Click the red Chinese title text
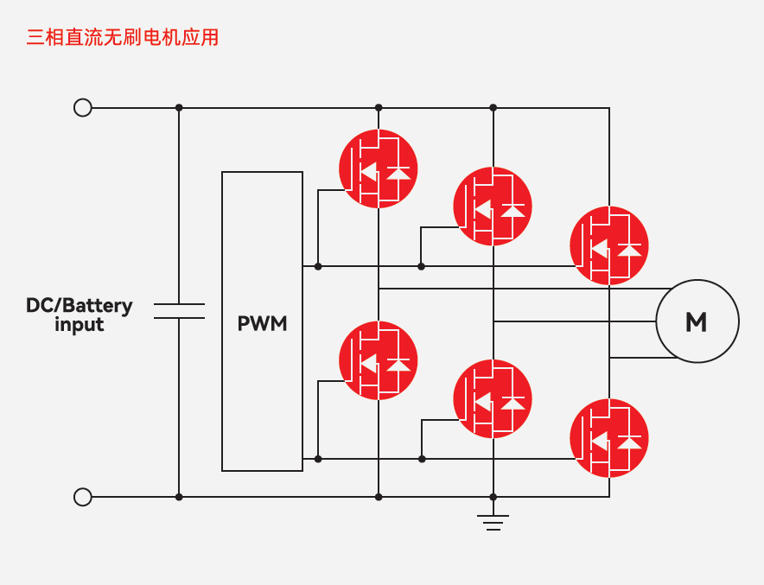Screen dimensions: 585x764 (122, 37)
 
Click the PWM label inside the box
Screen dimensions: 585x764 (262, 324)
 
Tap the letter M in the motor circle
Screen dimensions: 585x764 (697, 322)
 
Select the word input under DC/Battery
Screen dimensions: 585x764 (79, 326)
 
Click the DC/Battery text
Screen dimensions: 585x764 (79, 305)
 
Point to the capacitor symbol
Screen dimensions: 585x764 (179, 311)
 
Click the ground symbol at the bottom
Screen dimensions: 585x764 (493, 522)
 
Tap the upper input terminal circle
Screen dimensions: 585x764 (83, 108)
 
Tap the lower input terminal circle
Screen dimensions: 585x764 (83, 497)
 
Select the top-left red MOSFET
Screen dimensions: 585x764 (378, 169)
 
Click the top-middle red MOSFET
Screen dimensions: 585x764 (493, 206)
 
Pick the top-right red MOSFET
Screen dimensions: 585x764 (609, 245)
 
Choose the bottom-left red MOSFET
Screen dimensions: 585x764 (378, 360)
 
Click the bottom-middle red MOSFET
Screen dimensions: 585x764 (493, 398)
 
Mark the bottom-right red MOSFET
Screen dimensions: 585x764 (609, 437)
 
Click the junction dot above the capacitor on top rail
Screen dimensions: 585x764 (179, 108)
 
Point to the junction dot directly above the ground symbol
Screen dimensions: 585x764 (493, 497)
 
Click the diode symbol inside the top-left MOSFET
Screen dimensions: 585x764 (398, 173)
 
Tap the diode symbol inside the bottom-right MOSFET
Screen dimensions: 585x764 (630, 442)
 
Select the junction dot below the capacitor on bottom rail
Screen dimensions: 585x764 (179, 497)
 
